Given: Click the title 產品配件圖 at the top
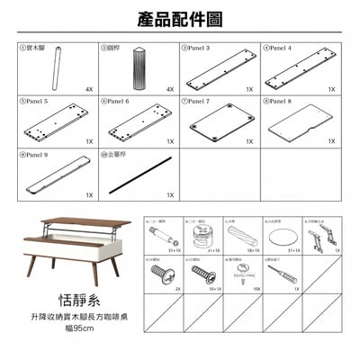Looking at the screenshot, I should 180,19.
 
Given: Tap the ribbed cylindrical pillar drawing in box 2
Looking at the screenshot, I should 139,68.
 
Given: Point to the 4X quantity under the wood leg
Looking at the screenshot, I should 89,90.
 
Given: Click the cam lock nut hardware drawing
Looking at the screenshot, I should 201,238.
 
